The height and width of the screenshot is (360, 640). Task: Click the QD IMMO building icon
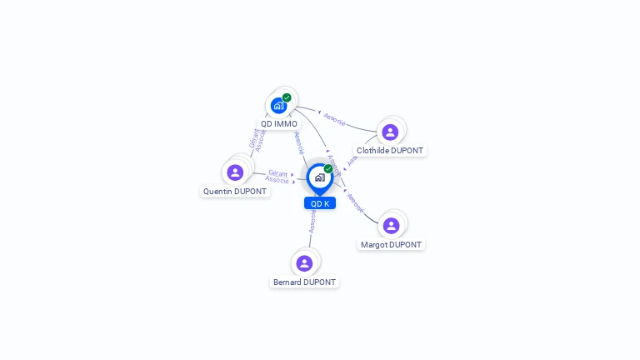point(278,106)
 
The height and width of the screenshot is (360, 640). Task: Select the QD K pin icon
point(319,177)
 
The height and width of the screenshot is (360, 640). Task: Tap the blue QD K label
point(320,203)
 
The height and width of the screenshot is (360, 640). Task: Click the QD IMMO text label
point(278,124)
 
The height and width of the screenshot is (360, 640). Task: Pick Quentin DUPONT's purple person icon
point(235,172)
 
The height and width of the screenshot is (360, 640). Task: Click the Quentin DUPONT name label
point(235,191)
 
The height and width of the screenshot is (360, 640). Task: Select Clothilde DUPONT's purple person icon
point(390,132)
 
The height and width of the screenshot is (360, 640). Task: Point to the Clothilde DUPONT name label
point(389,151)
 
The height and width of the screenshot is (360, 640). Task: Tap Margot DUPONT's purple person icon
point(391,225)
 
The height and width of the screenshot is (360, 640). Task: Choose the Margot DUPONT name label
point(391,245)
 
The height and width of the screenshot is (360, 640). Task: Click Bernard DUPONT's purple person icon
point(304,263)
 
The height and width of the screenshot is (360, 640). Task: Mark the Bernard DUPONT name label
point(304,282)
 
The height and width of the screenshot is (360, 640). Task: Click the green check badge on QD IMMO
point(287,97)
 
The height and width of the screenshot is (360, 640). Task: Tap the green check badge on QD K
point(328,168)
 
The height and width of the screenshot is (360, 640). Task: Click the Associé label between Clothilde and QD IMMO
point(335,119)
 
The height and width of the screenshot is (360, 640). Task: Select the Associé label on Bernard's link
point(312,221)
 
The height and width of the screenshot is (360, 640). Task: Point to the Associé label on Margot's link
point(355,202)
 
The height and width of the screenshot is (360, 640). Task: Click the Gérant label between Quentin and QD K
point(277,172)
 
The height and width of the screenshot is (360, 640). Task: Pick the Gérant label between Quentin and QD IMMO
point(254,137)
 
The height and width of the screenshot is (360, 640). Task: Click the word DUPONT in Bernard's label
point(319,282)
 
